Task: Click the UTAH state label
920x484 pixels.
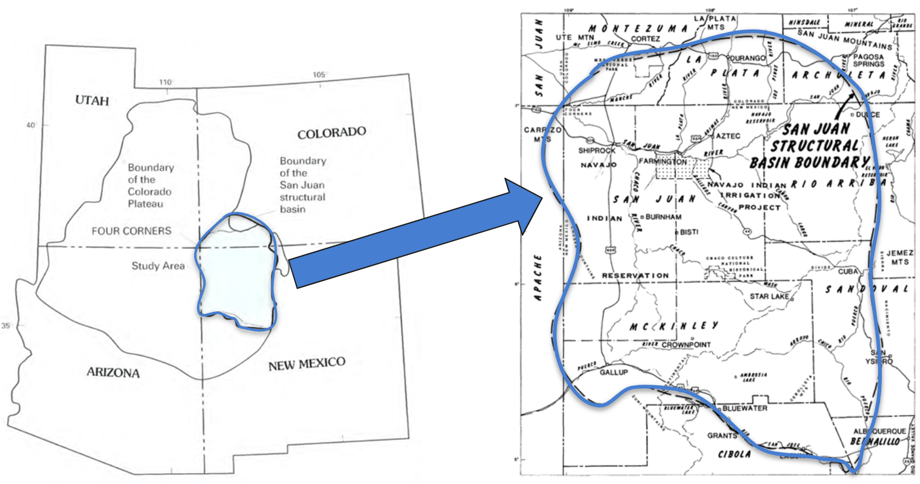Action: pos(92,100)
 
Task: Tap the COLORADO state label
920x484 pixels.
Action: pos(332,132)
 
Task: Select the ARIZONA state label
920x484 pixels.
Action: pos(113,372)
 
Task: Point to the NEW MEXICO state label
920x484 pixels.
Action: pos(307,364)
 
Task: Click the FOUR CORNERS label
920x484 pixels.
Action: pos(132,231)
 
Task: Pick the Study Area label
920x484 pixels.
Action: pos(158,266)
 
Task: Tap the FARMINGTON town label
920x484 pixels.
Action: pos(662,162)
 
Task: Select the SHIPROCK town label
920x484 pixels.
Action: pos(596,151)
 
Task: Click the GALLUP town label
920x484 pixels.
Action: pos(613,372)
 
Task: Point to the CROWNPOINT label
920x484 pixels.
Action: pos(686,345)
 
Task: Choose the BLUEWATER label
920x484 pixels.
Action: pos(745,408)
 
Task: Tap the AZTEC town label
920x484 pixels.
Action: pos(728,136)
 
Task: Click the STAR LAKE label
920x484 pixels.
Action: pos(770,296)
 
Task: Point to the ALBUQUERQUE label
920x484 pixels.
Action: pos(879,431)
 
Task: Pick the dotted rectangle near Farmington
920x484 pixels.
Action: pos(682,169)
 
